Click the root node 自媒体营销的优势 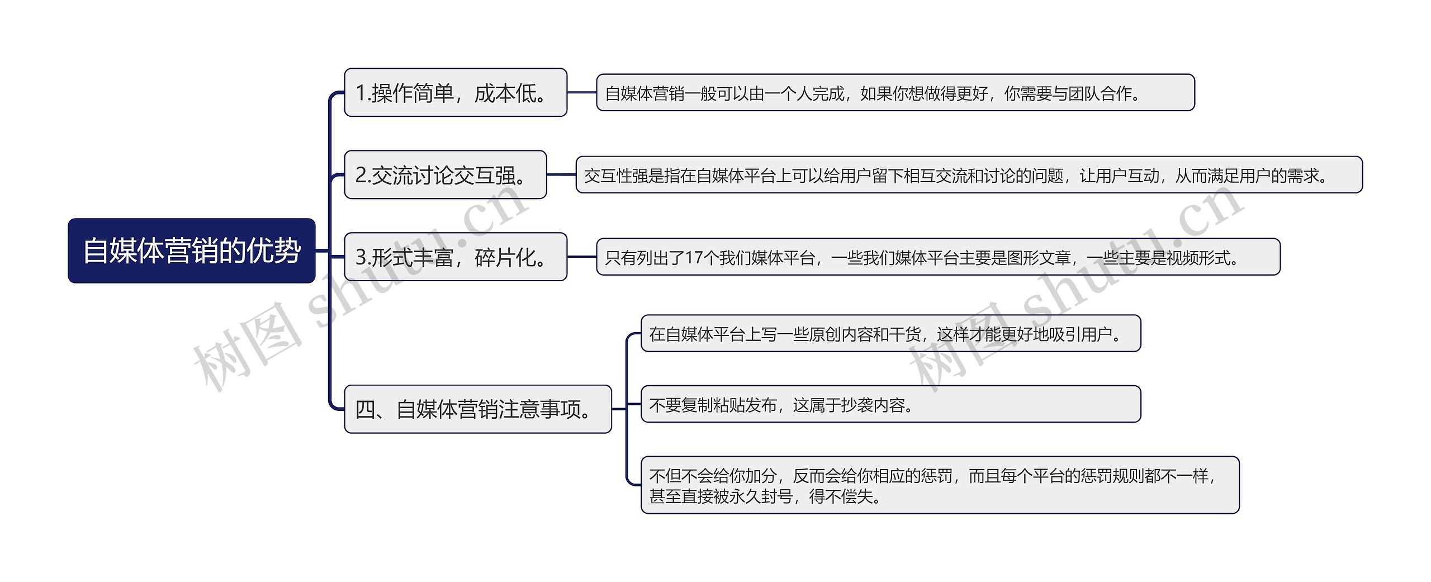point(191,250)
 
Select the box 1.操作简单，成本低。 point(455,93)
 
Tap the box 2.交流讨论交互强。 point(445,175)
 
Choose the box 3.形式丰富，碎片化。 point(455,257)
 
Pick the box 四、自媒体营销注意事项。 point(477,409)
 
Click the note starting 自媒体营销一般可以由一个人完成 point(895,93)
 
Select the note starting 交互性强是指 point(969,176)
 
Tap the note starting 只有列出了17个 point(938,257)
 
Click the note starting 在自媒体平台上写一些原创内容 point(890,334)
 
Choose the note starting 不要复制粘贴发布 point(890,404)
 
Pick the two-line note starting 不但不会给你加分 point(940,485)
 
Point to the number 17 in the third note point(694,258)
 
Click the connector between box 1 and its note point(582,93)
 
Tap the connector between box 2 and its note point(561,175)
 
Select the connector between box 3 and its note point(582,257)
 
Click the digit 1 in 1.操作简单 point(361,93)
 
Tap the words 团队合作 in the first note point(1100,93)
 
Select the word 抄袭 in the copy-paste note point(857,405)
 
